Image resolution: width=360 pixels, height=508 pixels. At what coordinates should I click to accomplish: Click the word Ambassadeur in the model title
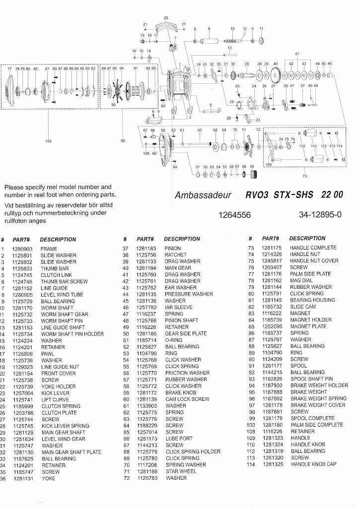[203, 195]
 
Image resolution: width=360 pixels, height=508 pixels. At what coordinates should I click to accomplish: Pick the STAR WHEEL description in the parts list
[181, 471]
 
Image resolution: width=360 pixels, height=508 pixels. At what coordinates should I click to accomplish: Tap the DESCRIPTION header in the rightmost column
[307, 239]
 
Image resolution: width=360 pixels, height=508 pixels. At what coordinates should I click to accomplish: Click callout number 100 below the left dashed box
[48, 141]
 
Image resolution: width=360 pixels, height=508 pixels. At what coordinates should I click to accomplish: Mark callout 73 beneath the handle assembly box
[305, 176]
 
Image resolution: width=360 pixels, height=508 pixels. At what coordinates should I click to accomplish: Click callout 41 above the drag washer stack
[297, 54]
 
